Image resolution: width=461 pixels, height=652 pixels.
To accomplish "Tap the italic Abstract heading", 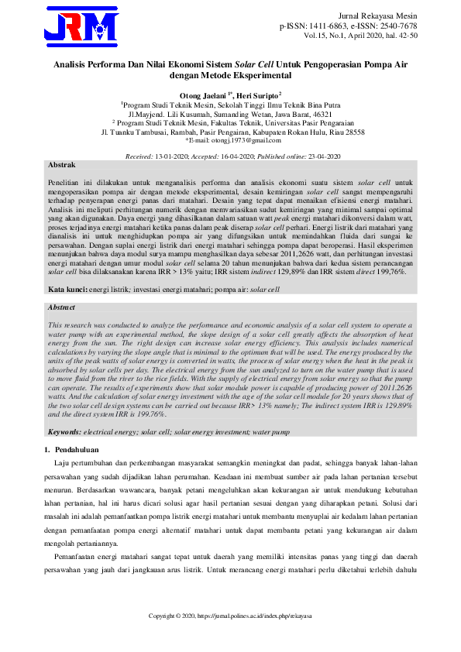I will point(62,307).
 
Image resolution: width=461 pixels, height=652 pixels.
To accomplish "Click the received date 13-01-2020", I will point(173,156).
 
